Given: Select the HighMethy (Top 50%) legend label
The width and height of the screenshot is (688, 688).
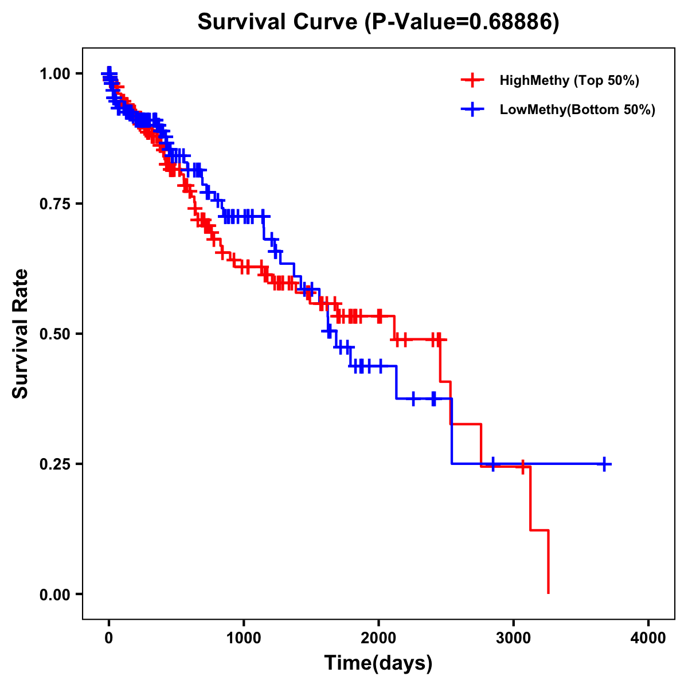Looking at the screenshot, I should (x=569, y=80).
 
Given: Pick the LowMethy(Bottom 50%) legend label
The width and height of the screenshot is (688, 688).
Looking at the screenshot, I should (x=577, y=110).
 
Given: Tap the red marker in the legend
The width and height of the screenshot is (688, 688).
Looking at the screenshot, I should (x=472, y=80).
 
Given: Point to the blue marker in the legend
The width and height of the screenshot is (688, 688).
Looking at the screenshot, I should (x=472, y=110).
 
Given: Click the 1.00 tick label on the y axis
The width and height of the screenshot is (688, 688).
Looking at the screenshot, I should (x=55, y=73).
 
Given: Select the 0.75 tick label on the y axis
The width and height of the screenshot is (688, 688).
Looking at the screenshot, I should (x=55, y=204).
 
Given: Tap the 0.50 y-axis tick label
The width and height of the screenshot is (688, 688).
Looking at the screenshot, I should (x=55, y=334).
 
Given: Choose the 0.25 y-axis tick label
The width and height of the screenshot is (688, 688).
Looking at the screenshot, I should (x=55, y=464).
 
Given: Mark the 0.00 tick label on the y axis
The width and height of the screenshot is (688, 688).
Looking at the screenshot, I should (x=55, y=594).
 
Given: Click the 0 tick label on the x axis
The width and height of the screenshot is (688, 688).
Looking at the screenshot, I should (x=109, y=638).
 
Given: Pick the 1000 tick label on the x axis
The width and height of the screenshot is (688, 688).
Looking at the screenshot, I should (x=244, y=638).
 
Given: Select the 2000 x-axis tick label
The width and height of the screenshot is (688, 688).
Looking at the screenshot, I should (x=378, y=638).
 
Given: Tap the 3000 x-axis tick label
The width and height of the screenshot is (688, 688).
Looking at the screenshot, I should (x=514, y=638).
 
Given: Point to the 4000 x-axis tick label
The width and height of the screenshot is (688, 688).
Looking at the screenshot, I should (x=648, y=638).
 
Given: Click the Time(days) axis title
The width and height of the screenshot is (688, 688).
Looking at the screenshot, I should (x=378, y=663).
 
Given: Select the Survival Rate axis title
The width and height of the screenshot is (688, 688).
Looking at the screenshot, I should (x=21, y=334).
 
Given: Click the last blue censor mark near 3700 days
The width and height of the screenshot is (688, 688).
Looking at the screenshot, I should (x=604, y=464).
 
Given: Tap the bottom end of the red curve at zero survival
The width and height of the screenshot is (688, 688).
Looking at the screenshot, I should (x=549, y=592).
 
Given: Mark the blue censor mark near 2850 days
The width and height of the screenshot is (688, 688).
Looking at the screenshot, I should (x=492, y=464).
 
